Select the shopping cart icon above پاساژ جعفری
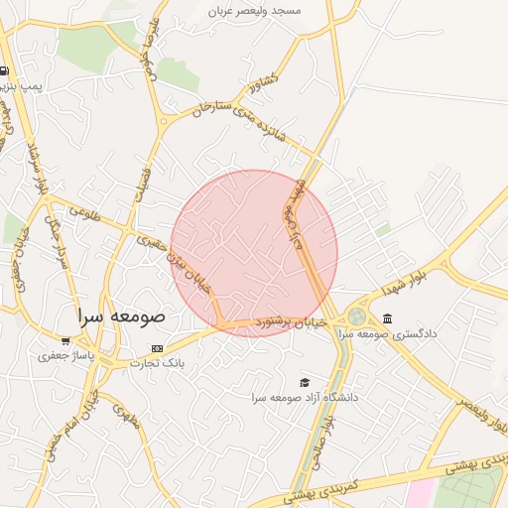click(x=65, y=341)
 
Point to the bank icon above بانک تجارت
click(x=158, y=348)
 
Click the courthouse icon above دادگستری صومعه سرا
click(x=386, y=318)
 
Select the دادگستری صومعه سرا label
click(x=389, y=334)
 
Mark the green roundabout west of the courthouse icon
click(x=355, y=317)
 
